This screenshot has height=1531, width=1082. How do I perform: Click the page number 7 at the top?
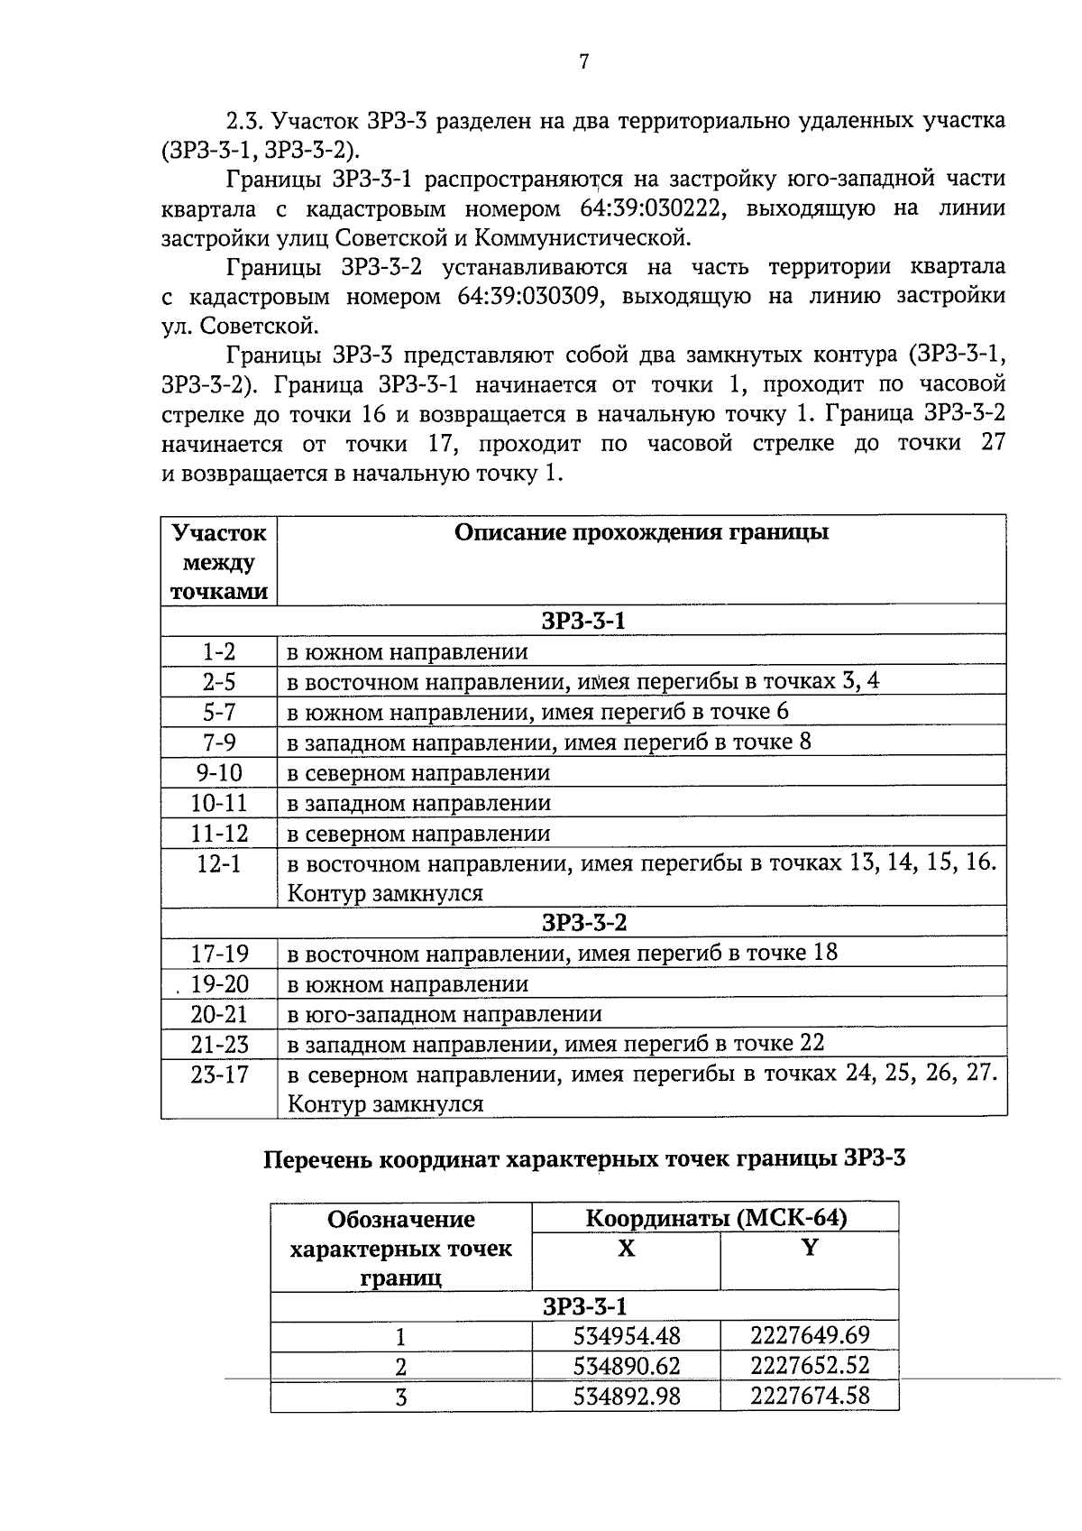click(583, 61)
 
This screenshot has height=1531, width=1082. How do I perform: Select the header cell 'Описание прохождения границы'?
click(641, 532)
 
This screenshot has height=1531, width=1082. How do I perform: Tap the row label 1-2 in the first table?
click(219, 651)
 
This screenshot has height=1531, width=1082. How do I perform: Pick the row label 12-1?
click(219, 863)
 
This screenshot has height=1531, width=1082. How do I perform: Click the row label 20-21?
click(219, 1014)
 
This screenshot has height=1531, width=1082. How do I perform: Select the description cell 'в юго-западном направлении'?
click(444, 1014)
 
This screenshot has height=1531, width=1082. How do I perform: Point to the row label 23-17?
click(219, 1074)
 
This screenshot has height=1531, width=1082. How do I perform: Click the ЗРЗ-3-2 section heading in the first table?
click(583, 923)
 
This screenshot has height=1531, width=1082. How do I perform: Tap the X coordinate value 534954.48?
click(627, 1336)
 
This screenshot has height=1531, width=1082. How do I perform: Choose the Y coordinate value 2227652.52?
click(810, 1366)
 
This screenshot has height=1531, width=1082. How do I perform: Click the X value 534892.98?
click(627, 1397)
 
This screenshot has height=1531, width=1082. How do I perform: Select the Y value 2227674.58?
click(810, 1397)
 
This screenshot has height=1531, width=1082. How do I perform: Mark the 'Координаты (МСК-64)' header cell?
click(716, 1219)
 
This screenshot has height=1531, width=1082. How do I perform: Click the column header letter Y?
click(810, 1249)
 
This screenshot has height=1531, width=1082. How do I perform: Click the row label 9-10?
click(219, 773)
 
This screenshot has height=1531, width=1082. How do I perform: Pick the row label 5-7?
click(219, 712)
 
